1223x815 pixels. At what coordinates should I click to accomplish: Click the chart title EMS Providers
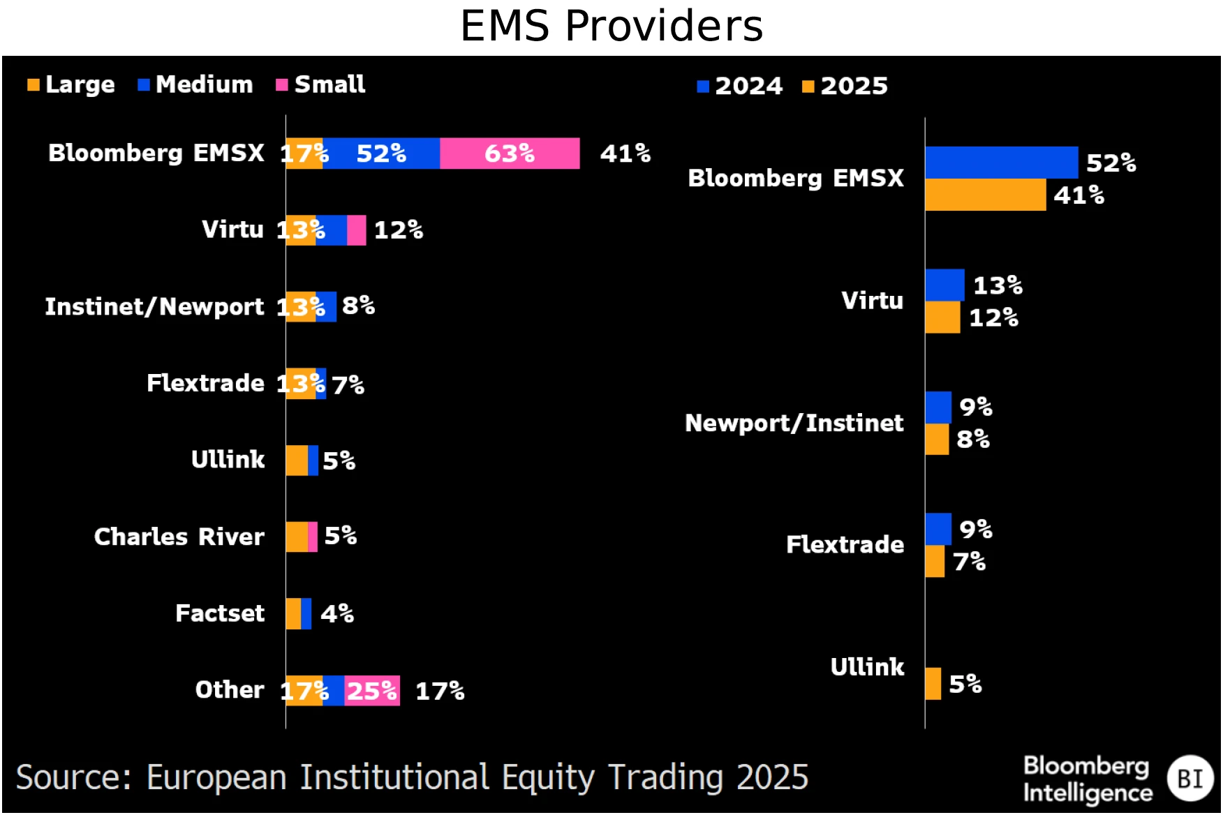pyautogui.click(x=611, y=27)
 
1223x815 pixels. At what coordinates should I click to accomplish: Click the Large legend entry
pyautogui.click(x=71, y=85)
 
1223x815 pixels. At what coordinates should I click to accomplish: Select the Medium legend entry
pyautogui.click(x=195, y=85)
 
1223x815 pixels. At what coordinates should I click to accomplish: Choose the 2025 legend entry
pyautogui.click(x=845, y=87)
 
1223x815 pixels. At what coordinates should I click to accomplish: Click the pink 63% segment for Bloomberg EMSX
pyautogui.click(x=510, y=154)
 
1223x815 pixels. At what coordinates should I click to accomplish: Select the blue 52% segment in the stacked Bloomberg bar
pyautogui.click(x=381, y=154)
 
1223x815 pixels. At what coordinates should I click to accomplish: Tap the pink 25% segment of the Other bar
pyautogui.click(x=372, y=691)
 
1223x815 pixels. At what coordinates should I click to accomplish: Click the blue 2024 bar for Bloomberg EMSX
pyautogui.click(x=1001, y=163)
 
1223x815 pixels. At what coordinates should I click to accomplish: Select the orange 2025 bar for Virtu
pyautogui.click(x=942, y=317)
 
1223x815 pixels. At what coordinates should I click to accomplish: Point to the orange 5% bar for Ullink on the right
pyautogui.click(x=933, y=684)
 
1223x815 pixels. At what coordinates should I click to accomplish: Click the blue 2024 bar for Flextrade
pyautogui.click(x=938, y=529)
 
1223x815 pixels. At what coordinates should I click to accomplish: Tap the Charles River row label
pyautogui.click(x=179, y=537)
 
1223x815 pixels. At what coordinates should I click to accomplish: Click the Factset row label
pyautogui.click(x=220, y=613)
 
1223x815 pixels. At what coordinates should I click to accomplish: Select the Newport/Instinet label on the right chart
pyautogui.click(x=794, y=423)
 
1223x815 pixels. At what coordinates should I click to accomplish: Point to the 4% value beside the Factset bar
pyautogui.click(x=337, y=614)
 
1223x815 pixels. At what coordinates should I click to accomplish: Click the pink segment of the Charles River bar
pyautogui.click(x=313, y=537)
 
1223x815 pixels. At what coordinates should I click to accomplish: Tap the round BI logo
pyautogui.click(x=1189, y=778)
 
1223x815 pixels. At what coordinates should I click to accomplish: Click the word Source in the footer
pyautogui.click(x=73, y=778)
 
